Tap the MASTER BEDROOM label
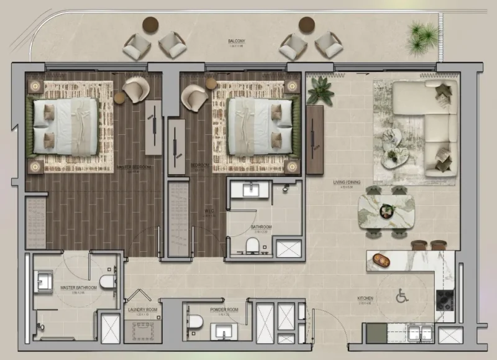pos(132,168)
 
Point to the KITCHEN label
pos(365,298)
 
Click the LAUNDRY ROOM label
pos(142,309)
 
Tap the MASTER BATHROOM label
pos(78,288)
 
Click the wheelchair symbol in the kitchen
pos(402,297)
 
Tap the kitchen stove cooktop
pos(445,300)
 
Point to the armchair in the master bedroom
pos(135,90)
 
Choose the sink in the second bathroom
pos(250,189)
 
